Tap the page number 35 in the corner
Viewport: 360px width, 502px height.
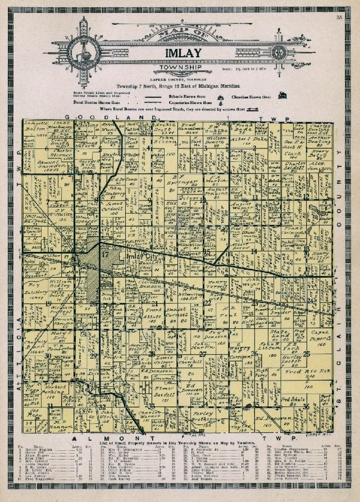pos(338,19)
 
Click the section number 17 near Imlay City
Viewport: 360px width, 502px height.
pos(105,254)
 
